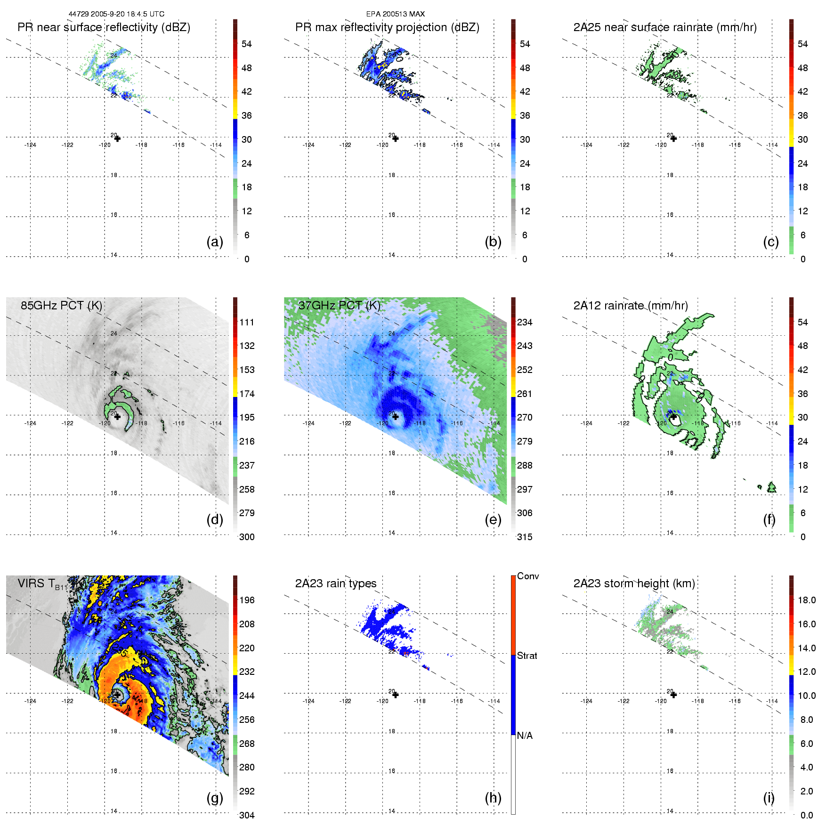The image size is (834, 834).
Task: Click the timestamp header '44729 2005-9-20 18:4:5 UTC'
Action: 116,14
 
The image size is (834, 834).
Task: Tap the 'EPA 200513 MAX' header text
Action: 395,14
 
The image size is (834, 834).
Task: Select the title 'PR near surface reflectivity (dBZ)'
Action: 104,27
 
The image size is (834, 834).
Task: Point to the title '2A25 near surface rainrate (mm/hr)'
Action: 664,27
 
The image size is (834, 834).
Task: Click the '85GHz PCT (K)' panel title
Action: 61,306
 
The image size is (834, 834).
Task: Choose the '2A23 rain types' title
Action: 335,583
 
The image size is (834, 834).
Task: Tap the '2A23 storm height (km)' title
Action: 634,583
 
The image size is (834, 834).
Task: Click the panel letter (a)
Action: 215,242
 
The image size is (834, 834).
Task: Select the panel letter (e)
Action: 493,519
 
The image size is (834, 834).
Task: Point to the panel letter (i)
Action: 769,798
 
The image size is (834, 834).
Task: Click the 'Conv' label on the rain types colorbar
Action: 527,576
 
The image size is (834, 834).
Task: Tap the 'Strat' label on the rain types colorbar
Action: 527,656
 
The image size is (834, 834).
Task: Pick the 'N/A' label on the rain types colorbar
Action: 525,736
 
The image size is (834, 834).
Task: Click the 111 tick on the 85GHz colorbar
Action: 247,322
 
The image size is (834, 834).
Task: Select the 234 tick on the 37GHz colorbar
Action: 525,322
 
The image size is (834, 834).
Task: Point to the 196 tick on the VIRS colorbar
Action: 247,600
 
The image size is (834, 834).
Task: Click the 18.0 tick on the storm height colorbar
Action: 806,600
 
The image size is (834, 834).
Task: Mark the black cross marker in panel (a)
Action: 117,138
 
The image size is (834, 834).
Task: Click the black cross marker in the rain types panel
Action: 395,695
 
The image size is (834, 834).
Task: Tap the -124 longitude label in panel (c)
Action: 586,145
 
